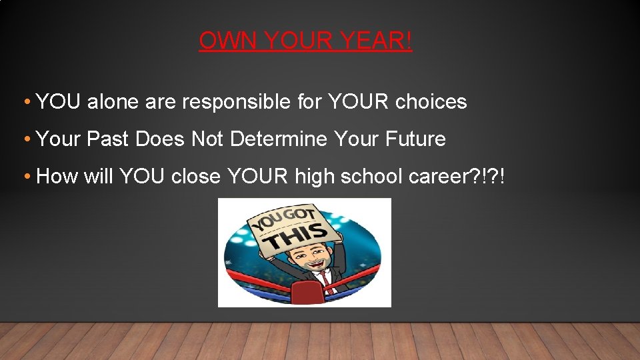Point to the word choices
pos(431,102)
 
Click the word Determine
pos(279,139)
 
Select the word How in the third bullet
pos(57,177)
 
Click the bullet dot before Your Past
pos(26,139)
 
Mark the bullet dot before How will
pos(26,177)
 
